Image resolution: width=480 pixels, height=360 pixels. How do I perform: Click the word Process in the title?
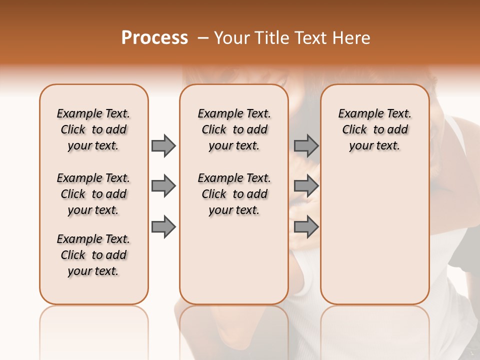pyautogui.click(x=154, y=38)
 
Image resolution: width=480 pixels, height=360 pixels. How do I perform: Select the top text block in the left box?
pyautogui.click(x=93, y=129)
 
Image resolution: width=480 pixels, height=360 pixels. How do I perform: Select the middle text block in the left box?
pyautogui.click(x=93, y=194)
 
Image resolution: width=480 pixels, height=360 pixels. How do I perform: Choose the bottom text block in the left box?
pyautogui.click(x=93, y=255)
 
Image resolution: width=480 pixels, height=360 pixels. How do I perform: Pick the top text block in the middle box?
pyautogui.click(x=234, y=129)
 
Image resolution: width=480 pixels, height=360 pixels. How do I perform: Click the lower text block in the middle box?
pyautogui.click(x=234, y=194)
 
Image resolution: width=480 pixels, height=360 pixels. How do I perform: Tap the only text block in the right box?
pyautogui.click(x=374, y=129)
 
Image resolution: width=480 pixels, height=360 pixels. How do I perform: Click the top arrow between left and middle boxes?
pyautogui.click(x=163, y=146)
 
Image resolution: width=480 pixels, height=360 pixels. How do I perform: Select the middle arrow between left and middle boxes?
pyautogui.click(x=163, y=186)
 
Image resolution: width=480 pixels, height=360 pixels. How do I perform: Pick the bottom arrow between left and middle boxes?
pyautogui.click(x=163, y=227)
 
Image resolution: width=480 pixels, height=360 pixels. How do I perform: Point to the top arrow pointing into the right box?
pyautogui.click(x=306, y=146)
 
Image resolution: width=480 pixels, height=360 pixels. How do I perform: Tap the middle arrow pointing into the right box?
pyautogui.click(x=306, y=186)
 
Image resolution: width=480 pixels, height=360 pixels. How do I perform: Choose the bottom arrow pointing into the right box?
pyautogui.click(x=306, y=227)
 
